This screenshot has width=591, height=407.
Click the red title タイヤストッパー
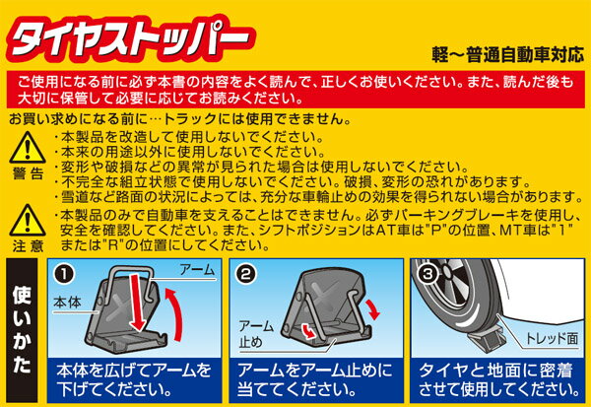click(x=131, y=38)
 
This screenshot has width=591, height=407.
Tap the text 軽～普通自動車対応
click(x=508, y=55)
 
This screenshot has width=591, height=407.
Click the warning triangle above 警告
click(x=28, y=148)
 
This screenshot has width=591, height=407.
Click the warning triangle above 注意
click(x=28, y=221)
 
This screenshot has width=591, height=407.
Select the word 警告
click(x=28, y=173)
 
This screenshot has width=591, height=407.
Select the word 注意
click(x=28, y=246)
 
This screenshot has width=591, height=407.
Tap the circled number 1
click(x=64, y=274)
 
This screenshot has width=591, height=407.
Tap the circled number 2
click(x=245, y=274)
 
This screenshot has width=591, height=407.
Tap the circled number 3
click(x=427, y=274)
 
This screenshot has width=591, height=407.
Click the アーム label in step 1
click(x=197, y=270)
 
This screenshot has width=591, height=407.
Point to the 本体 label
click(x=67, y=303)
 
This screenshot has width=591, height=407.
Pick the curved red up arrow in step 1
click(x=174, y=314)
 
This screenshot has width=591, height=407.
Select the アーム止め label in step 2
click(x=255, y=334)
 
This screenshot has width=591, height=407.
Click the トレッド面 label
click(x=552, y=338)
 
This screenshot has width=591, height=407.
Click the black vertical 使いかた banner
click(x=22, y=330)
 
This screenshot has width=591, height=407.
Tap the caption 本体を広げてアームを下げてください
click(x=134, y=380)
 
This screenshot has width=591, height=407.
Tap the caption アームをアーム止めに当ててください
click(x=315, y=380)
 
